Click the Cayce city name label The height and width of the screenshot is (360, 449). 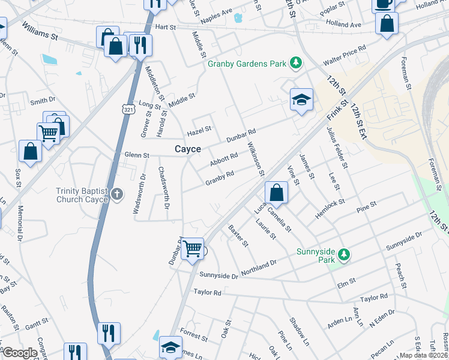[187, 149]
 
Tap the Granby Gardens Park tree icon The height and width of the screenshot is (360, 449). [295, 62]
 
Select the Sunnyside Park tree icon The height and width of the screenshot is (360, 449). [344, 254]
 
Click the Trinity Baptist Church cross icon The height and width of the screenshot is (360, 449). [117, 194]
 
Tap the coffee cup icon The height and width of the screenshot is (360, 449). [383, 4]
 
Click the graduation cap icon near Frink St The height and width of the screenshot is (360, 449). [301, 99]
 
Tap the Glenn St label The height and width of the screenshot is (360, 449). [136, 155]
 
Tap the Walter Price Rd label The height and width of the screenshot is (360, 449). [344, 56]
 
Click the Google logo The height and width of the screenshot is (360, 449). [20, 353]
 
